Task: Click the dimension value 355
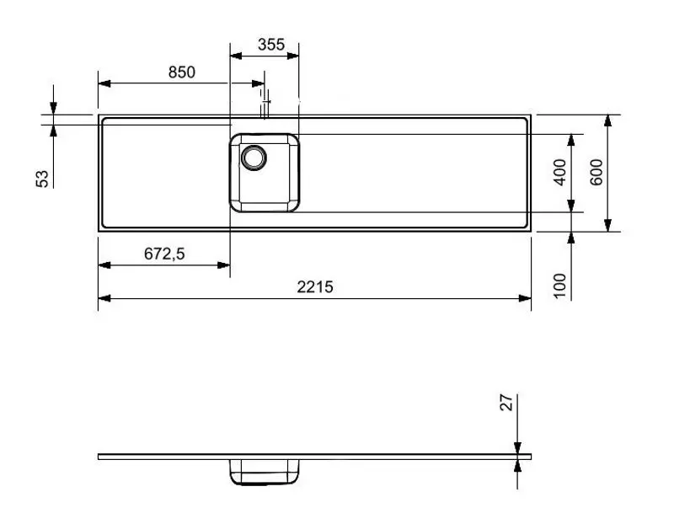[270, 45]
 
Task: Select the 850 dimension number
[181, 72]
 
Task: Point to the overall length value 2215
[315, 286]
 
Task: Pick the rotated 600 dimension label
[596, 173]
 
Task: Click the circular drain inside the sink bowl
[254, 157]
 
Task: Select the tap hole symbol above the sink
[265, 106]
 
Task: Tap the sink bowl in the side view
[265, 473]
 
